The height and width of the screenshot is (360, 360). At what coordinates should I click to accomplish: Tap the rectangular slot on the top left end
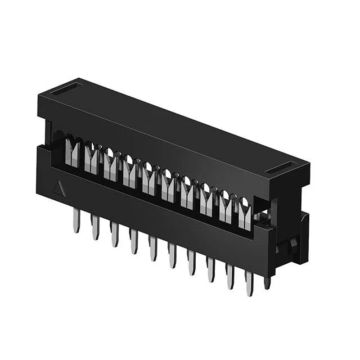tap(66, 88)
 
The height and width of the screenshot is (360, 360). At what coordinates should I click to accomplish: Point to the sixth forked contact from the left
tap(168, 188)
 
